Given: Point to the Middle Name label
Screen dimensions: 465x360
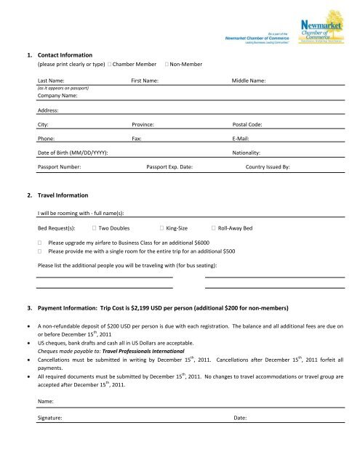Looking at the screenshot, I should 248,81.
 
